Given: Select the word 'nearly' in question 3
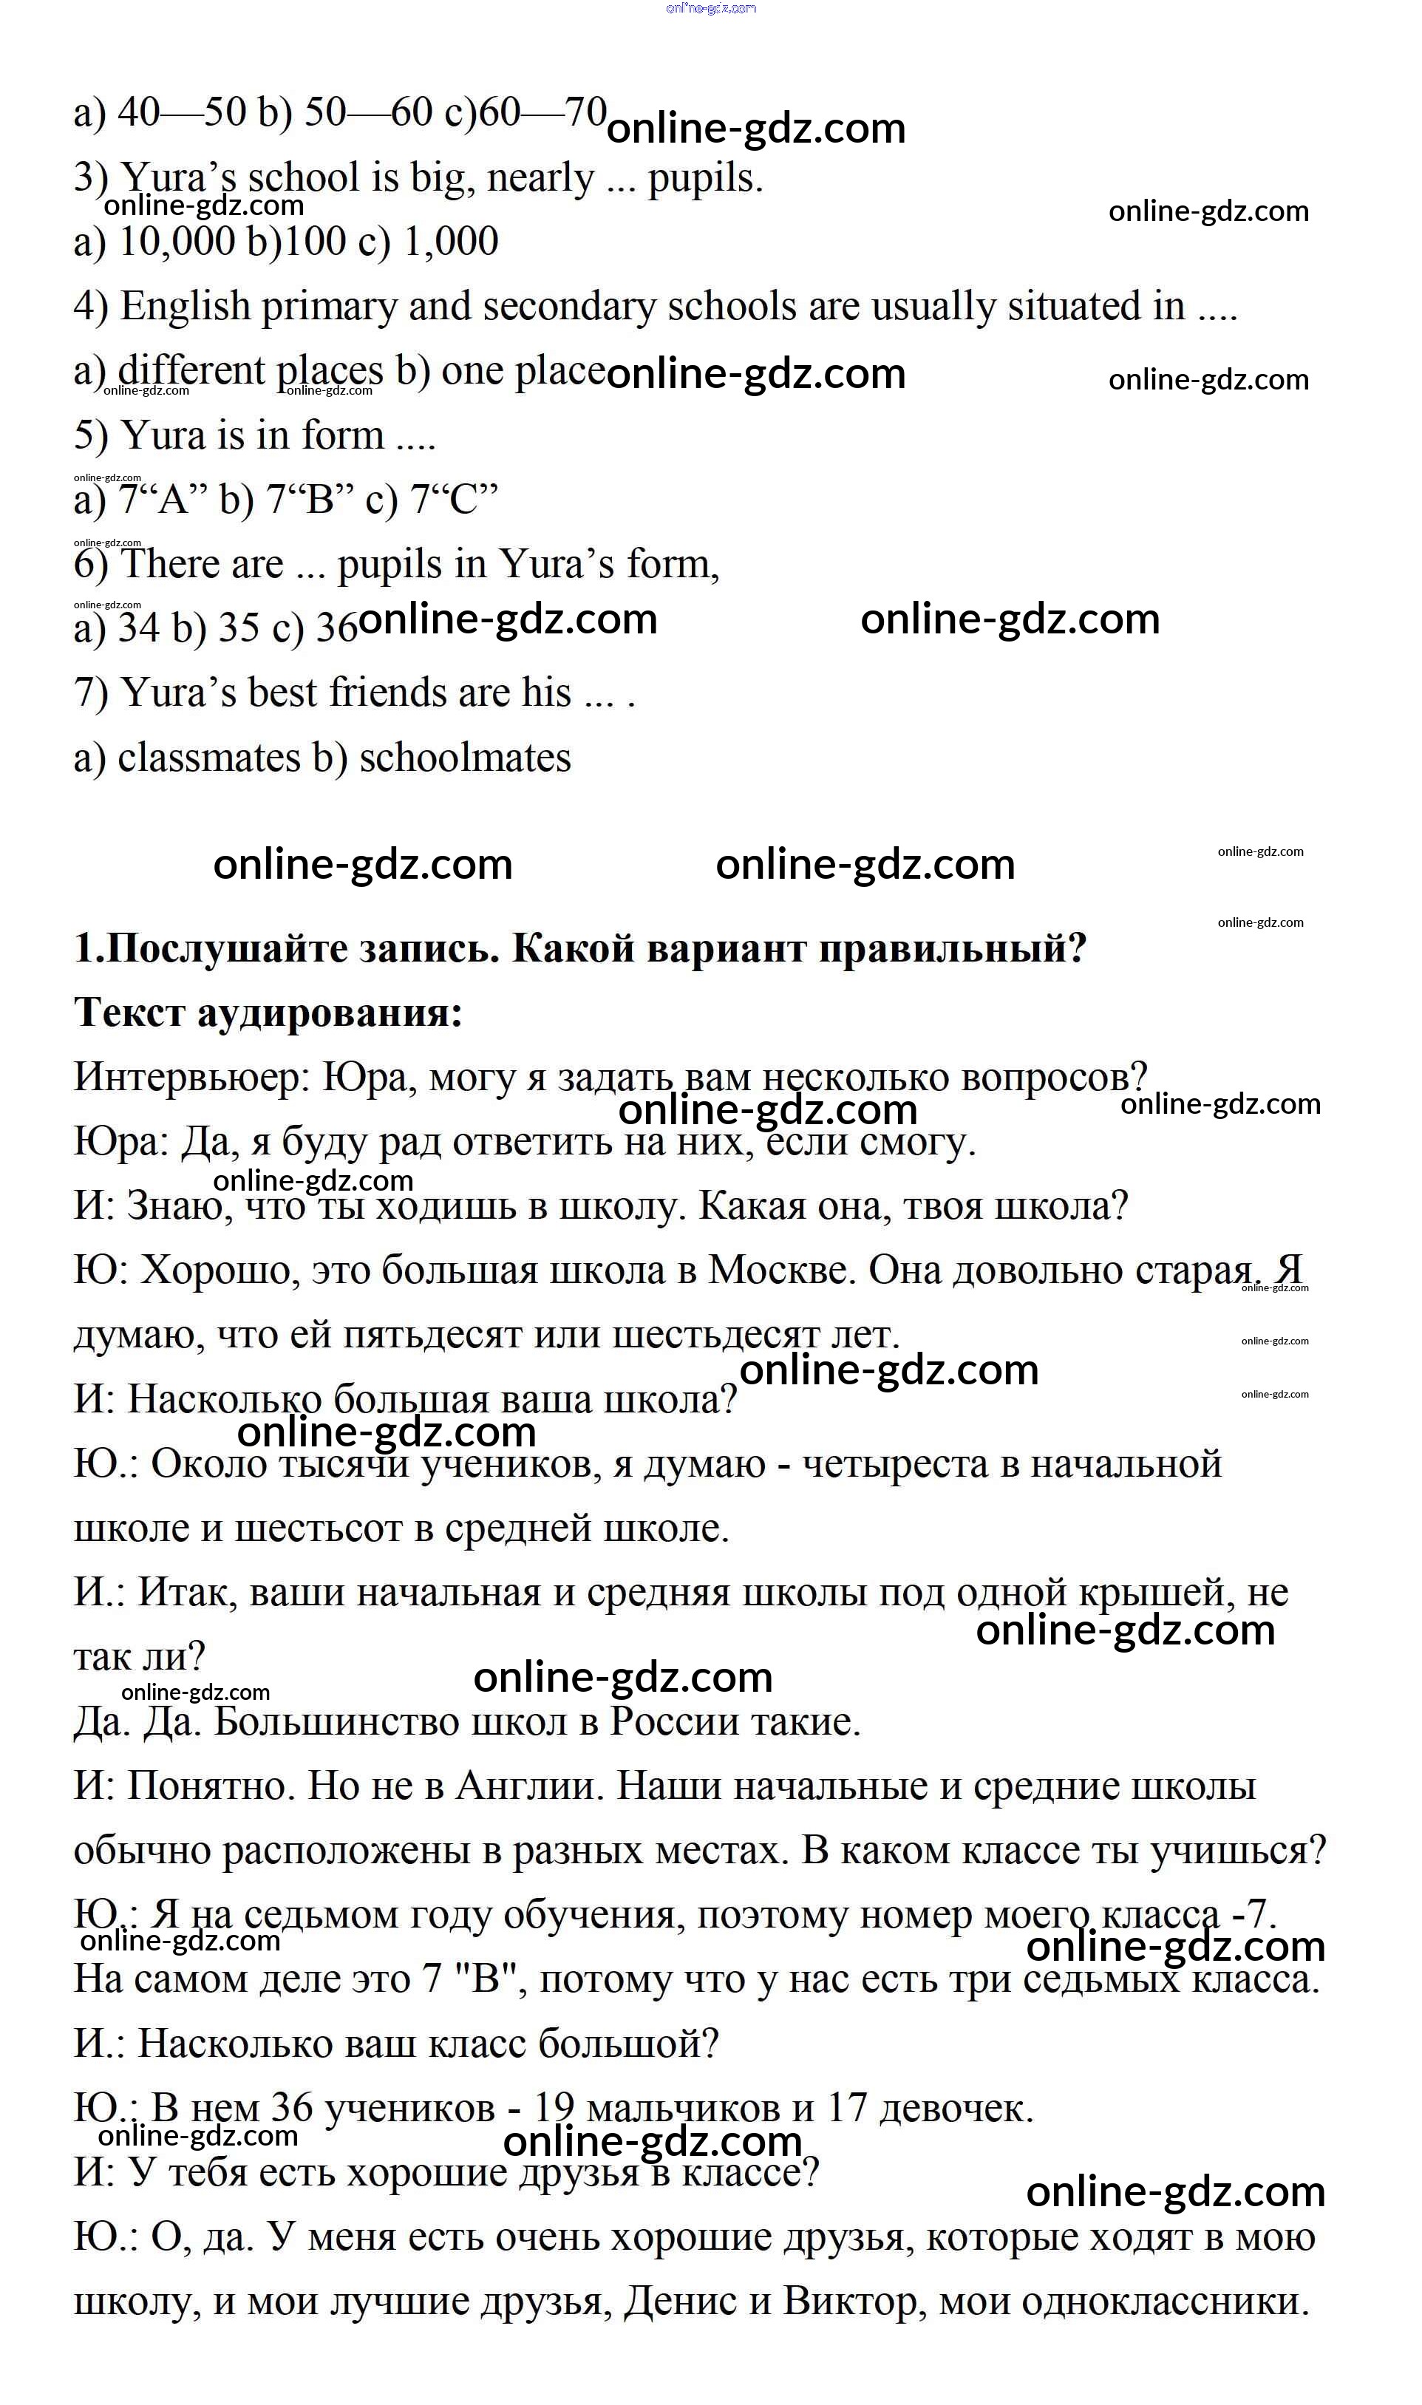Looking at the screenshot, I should (x=540, y=178).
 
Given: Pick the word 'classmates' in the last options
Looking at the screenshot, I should (x=209, y=758).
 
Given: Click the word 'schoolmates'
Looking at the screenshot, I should (x=465, y=758).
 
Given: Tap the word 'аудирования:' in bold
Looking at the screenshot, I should (x=330, y=1013).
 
